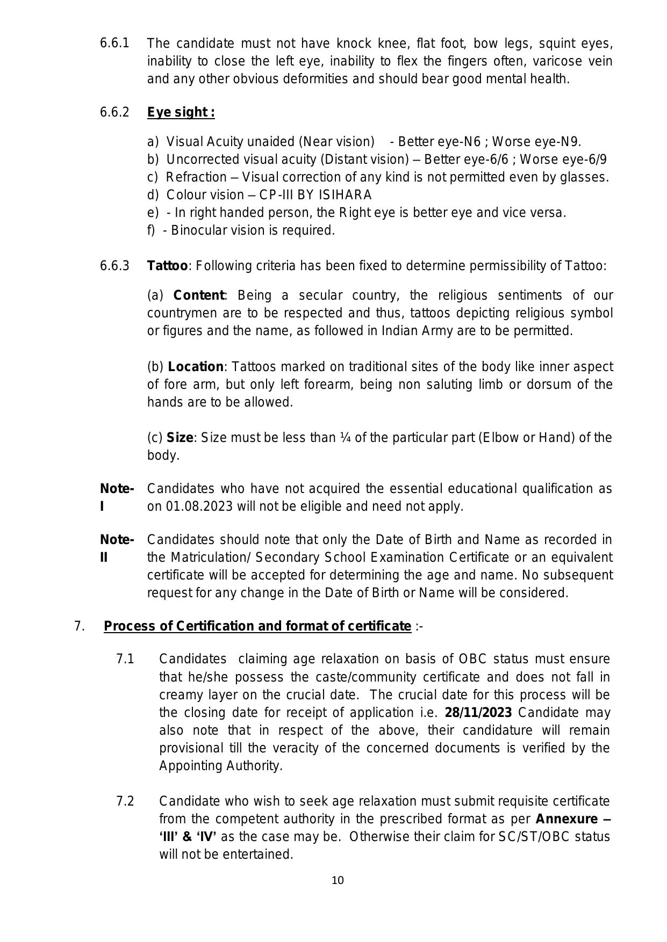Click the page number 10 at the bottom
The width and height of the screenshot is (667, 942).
pyautogui.click(x=338, y=880)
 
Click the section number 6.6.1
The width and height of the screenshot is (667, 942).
pyautogui.click(x=114, y=43)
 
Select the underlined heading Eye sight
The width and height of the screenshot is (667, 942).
pyautogui.click(x=181, y=112)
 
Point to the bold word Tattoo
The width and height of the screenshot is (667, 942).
pyautogui.click(x=167, y=266)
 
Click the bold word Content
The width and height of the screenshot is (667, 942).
pyautogui.click(x=198, y=295)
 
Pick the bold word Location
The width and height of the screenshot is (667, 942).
pyautogui.click(x=196, y=367)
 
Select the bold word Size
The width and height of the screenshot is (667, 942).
pyautogui.click(x=180, y=438)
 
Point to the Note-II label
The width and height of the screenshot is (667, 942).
pyautogui.click(x=116, y=548)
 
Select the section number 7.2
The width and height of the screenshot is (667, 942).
pyautogui.click(x=125, y=801)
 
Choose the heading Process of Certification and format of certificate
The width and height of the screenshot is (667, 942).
pyautogui.click(x=257, y=626)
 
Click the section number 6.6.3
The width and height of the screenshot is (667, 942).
pyautogui.click(x=114, y=266)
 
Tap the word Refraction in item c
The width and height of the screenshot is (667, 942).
pyautogui.click(x=196, y=177)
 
